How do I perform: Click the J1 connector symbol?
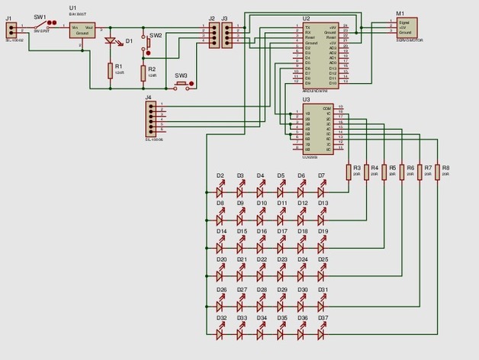click(x=11, y=29)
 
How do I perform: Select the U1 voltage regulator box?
click(x=82, y=30)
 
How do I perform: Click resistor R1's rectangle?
click(x=111, y=71)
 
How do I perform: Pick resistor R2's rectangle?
click(x=143, y=73)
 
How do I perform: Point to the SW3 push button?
click(x=182, y=85)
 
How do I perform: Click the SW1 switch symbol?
click(x=42, y=23)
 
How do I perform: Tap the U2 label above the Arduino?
click(x=306, y=18)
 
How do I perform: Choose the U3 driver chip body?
click(x=317, y=129)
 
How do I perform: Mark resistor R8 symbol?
click(x=438, y=170)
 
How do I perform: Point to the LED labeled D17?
click(x=282, y=247)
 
